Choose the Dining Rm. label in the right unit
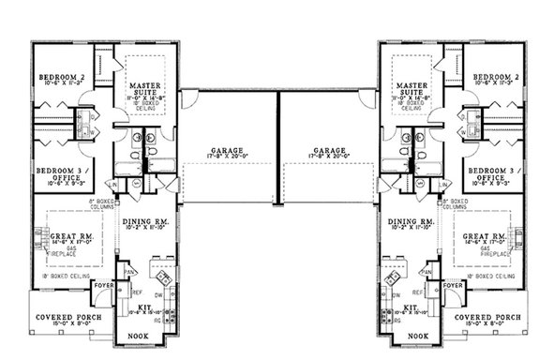[x=408, y=221]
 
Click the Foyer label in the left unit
[x=102, y=285]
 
